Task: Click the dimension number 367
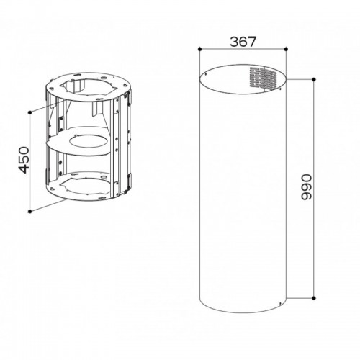(243, 42)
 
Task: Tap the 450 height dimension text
(24, 160)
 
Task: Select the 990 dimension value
(306, 187)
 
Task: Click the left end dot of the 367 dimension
(199, 49)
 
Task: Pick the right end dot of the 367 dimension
(286, 49)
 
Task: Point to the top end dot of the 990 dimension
(314, 79)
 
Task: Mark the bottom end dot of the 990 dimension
(314, 298)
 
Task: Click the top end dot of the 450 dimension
(30, 112)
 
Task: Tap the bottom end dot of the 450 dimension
(30, 211)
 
